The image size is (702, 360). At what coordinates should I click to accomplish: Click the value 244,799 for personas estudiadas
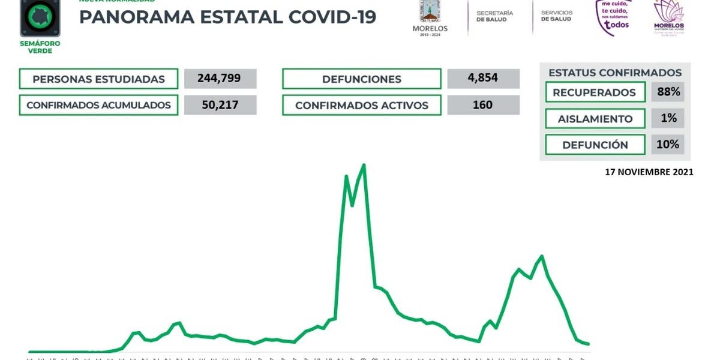click(x=220, y=79)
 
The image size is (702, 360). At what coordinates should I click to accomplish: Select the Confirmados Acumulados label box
click(x=98, y=105)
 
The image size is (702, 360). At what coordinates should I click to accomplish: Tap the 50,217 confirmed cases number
click(x=220, y=105)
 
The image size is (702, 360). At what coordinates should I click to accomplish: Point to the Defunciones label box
click(x=361, y=79)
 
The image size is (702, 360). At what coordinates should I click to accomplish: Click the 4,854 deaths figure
click(x=483, y=79)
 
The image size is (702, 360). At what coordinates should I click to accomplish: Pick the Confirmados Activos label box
click(x=361, y=105)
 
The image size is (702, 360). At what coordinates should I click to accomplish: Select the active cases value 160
click(x=483, y=105)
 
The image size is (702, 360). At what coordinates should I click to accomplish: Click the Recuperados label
click(x=594, y=92)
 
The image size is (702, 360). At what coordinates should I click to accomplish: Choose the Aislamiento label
click(x=594, y=118)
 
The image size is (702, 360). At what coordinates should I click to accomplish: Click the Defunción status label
click(x=594, y=145)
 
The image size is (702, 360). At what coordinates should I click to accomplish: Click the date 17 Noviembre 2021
click(x=649, y=172)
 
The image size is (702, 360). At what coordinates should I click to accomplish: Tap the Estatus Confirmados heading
click(x=615, y=73)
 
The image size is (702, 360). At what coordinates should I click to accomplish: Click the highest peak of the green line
click(x=364, y=165)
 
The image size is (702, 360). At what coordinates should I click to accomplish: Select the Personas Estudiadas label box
click(x=98, y=79)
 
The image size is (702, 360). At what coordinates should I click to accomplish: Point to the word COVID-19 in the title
click(x=332, y=17)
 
